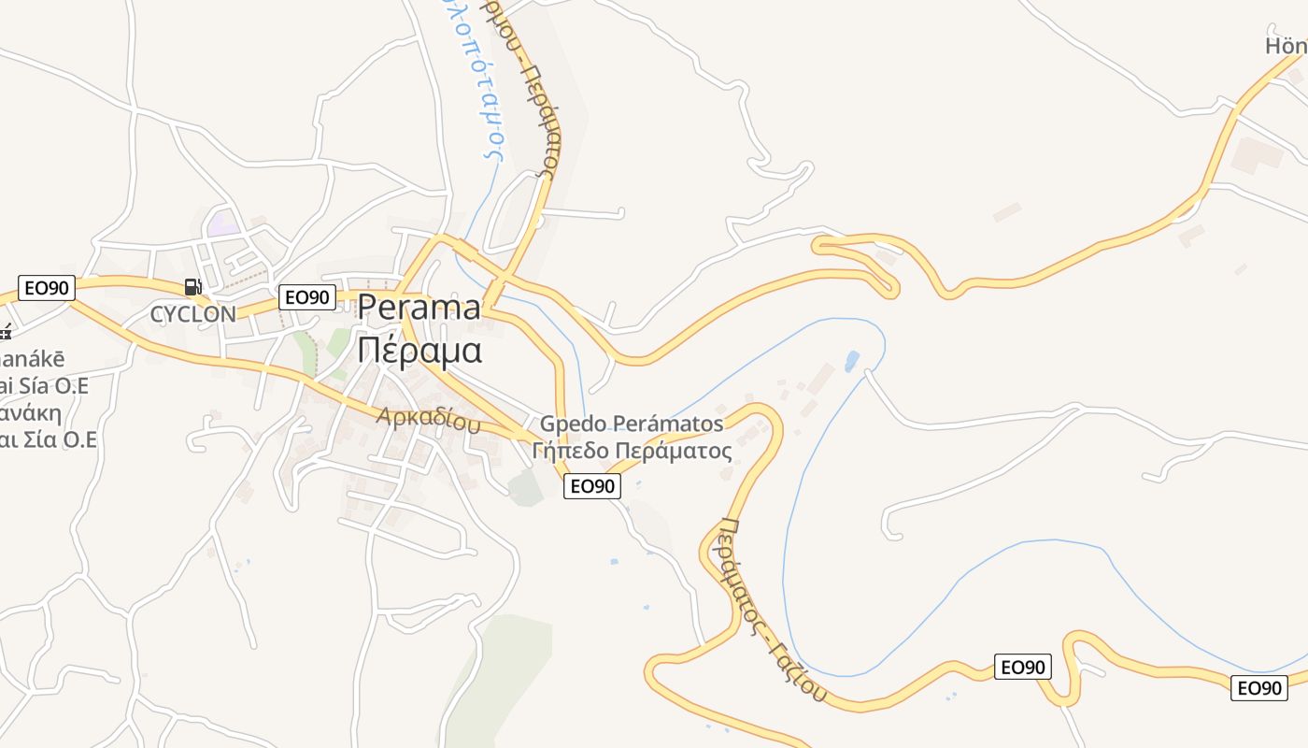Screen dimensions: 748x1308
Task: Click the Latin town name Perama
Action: pos(419,308)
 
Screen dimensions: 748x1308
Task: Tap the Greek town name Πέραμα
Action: pos(419,350)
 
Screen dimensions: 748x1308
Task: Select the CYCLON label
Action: pos(193,314)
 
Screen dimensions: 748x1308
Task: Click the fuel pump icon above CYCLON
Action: pos(192,287)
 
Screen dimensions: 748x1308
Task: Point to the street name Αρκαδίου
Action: pos(428,419)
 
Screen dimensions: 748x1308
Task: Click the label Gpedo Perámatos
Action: pos(632,424)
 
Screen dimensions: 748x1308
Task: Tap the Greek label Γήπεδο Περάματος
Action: pos(632,451)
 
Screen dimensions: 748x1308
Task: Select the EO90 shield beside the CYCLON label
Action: pos(307,297)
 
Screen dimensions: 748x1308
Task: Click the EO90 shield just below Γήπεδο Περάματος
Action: pos(592,486)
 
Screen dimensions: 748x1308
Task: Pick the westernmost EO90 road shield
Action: pos(47,288)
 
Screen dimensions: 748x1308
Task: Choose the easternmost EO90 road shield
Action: pos(1259,688)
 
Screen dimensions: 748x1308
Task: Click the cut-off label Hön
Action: pos(1286,46)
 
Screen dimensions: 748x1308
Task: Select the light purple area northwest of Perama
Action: pos(223,223)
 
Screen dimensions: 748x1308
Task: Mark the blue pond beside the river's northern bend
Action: pos(851,361)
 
